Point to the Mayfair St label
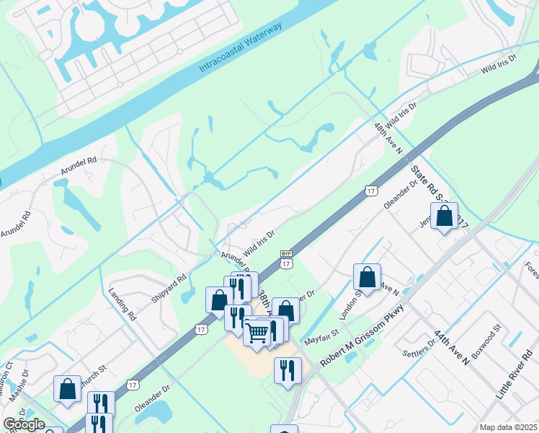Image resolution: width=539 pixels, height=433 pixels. pos(321,335)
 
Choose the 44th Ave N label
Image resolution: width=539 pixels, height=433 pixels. pos(451,348)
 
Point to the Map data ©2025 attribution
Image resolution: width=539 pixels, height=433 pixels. pos(508,427)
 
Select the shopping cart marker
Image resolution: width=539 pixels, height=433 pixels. pos(257,332)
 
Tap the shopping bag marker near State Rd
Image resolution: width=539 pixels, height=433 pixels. pos(445,215)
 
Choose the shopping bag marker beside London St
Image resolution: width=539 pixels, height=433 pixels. pos(367,276)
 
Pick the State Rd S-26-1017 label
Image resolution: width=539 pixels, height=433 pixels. pos(439,198)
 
